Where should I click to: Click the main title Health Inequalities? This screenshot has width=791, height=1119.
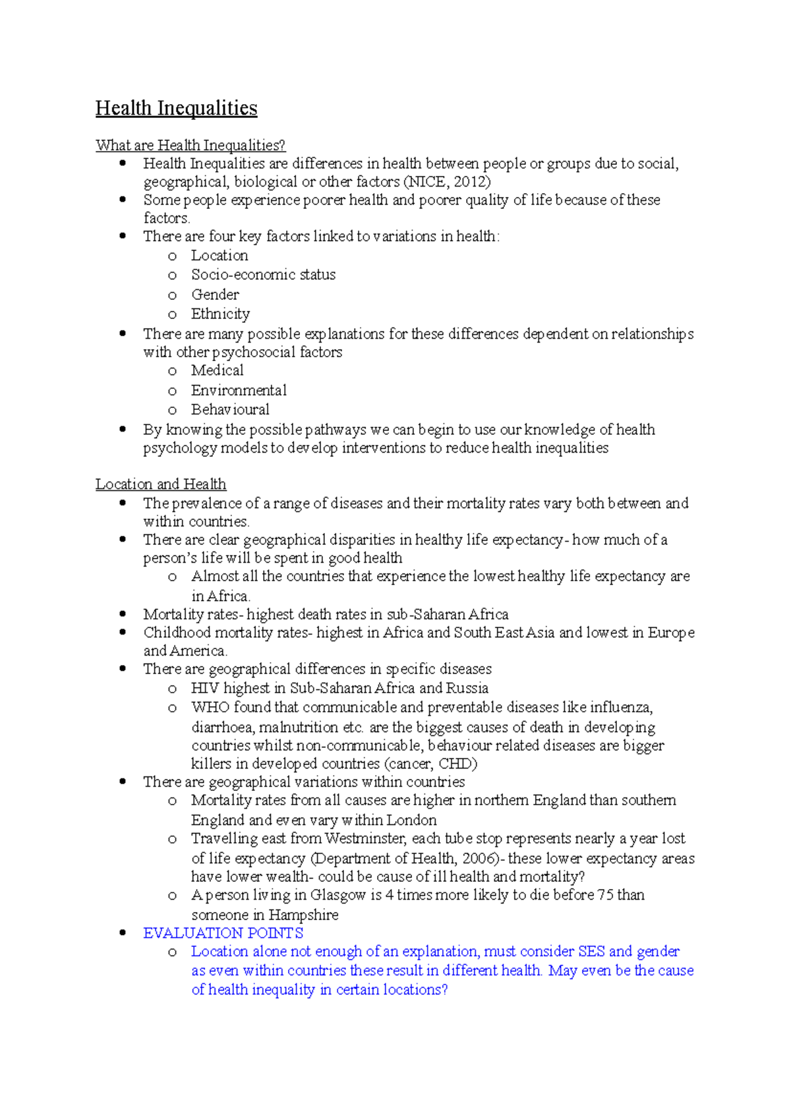point(176,108)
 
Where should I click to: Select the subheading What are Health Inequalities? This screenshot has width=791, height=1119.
point(190,145)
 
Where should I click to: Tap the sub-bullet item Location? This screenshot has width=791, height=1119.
point(220,256)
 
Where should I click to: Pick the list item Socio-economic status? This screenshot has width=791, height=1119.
point(263,275)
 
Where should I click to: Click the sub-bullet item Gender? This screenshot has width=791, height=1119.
point(215,295)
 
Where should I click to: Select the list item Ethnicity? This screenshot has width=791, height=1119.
point(220,314)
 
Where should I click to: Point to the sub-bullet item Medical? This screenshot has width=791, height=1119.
point(217,370)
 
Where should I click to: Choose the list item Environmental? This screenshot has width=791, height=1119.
point(239,390)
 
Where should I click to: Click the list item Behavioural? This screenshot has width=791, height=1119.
point(230,409)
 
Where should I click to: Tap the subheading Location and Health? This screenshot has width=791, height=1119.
point(161,484)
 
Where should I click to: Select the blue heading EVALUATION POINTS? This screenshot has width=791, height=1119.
point(223,933)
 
